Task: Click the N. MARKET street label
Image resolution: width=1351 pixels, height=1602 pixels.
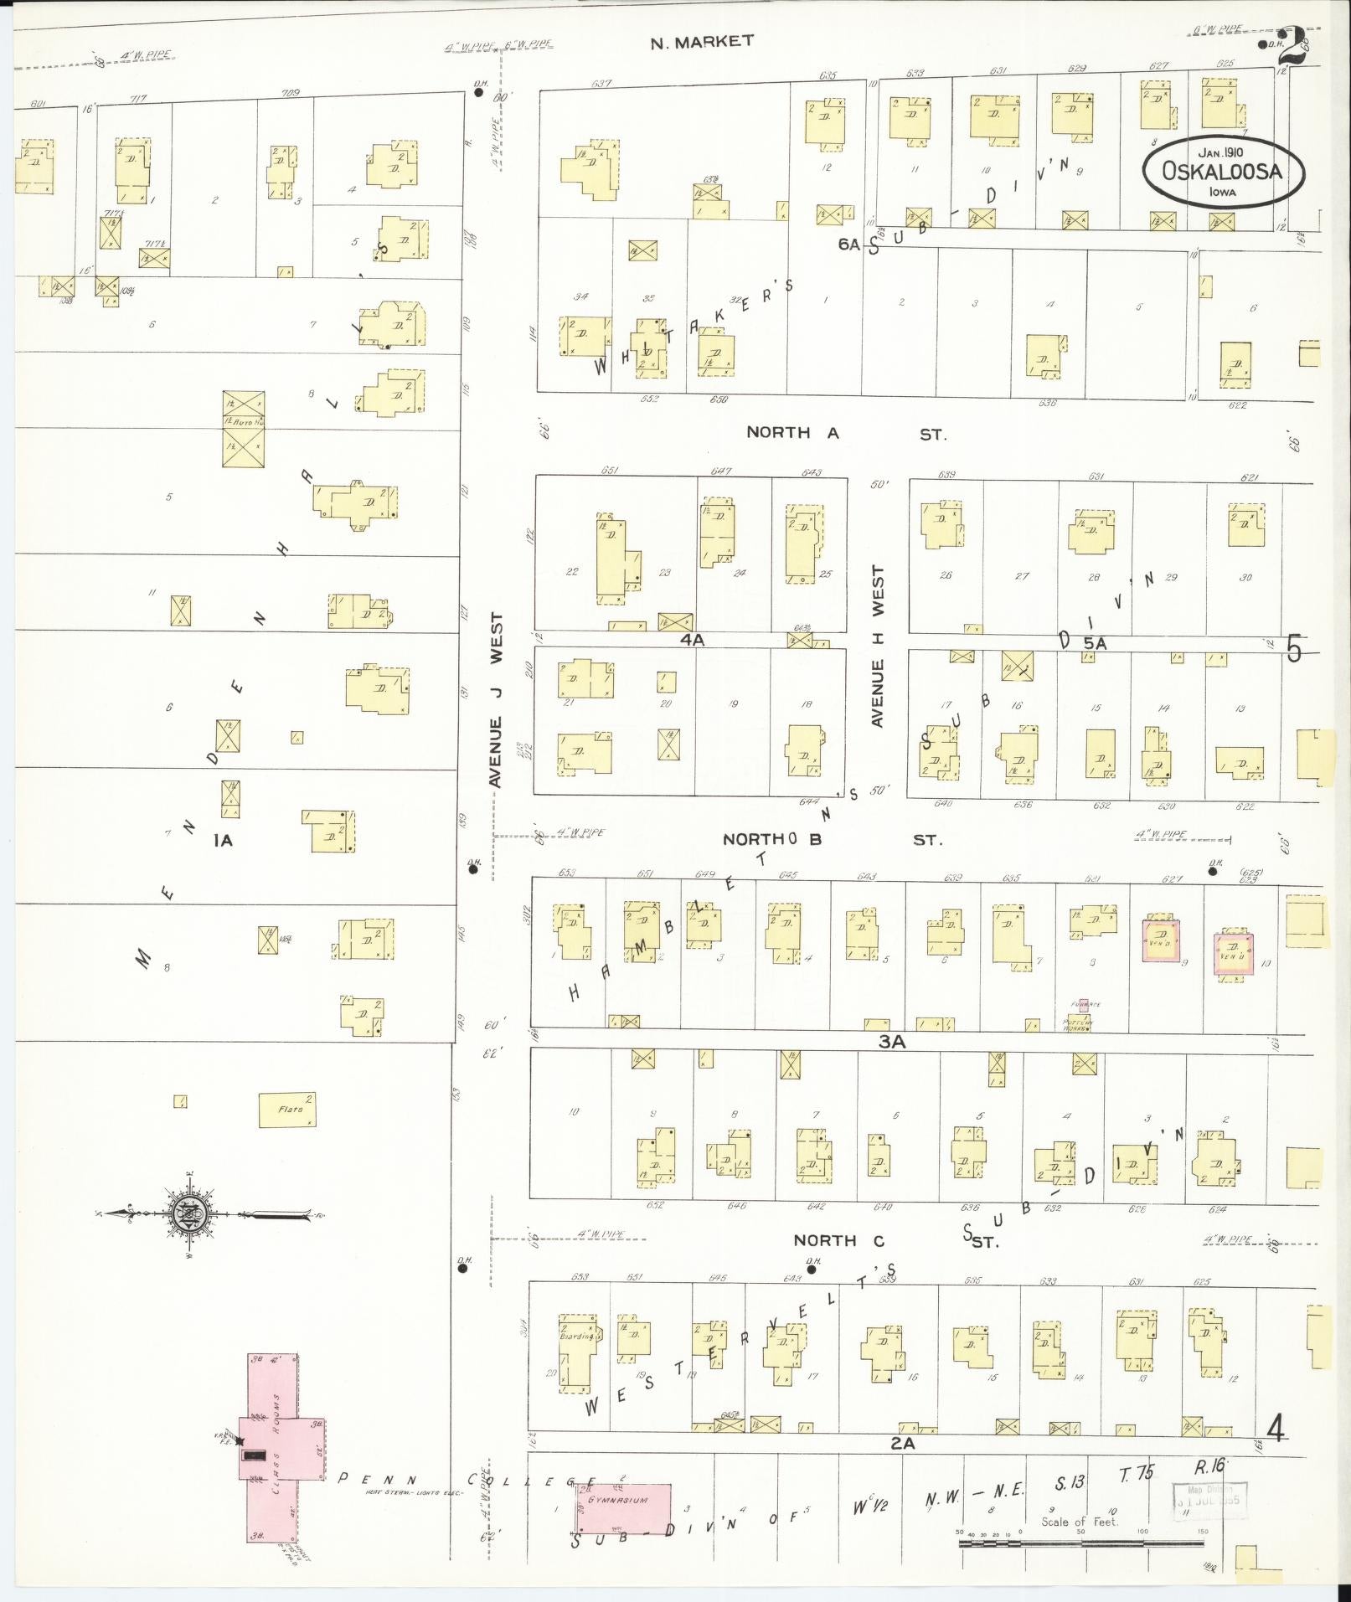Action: pyautogui.click(x=702, y=41)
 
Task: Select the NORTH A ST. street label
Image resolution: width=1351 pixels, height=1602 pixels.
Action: pyautogui.click(x=846, y=433)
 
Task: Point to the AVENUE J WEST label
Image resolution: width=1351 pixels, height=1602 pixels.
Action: pyautogui.click(x=496, y=700)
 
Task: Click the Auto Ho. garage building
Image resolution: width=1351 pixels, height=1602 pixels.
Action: pyautogui.click(x=244, y=429)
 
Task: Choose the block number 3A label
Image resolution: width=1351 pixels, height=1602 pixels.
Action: pyautogui.click(x=892, y=1042)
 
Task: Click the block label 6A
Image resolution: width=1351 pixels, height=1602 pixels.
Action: pyautogui.click(x=848, y=244)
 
